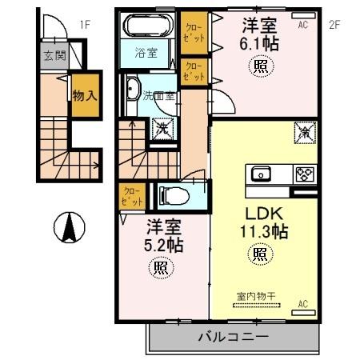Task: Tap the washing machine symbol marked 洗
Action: click(162, 126)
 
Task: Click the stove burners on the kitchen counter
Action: click(305, 174)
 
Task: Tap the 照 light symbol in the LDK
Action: click(260, 255)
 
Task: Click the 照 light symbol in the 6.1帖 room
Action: click(260, 66)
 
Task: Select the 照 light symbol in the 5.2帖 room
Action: click(160, 269)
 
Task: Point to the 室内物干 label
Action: click(255, 296)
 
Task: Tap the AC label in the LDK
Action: click(303, 305)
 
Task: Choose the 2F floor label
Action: click(334, 25)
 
